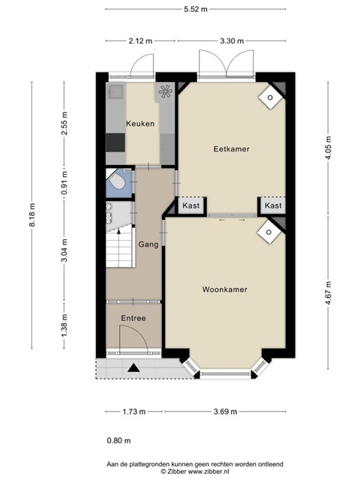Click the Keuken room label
click(140, 124)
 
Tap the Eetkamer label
click(232, 149)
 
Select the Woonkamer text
click(225, 289)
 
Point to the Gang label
click(148, 244)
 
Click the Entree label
click(133, 318)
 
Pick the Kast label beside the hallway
click(191, 205)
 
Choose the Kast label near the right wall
click(273, 205)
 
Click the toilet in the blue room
click(117, 181)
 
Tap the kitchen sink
click(116, 91)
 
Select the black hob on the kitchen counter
click(115, 142)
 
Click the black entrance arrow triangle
click(133, 367)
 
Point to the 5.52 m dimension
click(196, 9)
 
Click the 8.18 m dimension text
click(31, 214)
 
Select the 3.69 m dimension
click(225, 412)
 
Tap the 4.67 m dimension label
click(328, 293)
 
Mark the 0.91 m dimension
click(64, 183)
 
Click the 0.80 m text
click(118, 440)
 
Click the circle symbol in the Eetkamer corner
click(270, 97)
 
